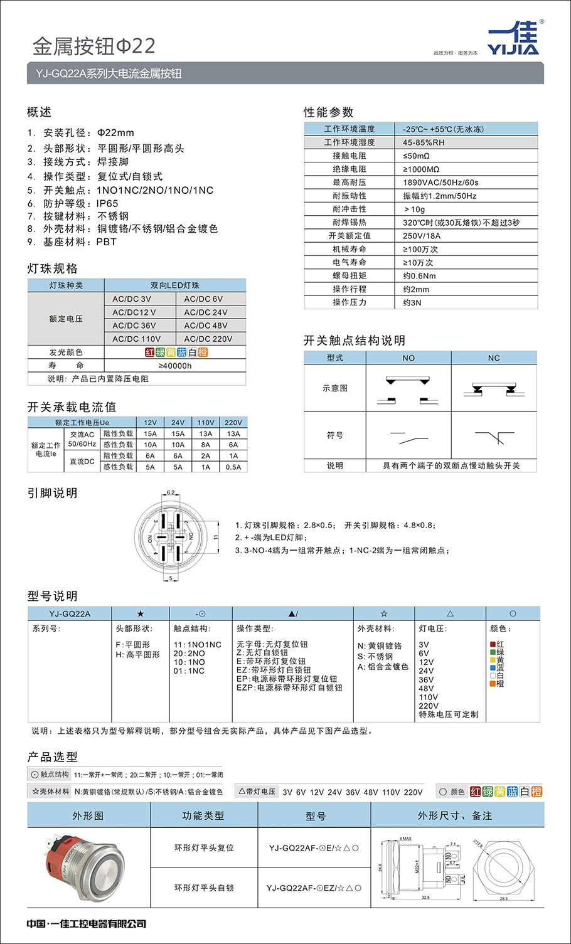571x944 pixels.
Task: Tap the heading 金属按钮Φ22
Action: point(93,46)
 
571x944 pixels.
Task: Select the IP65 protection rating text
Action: point(107,203)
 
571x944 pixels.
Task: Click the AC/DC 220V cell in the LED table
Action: point(208,339)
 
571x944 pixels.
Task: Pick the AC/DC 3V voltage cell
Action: point(132,299)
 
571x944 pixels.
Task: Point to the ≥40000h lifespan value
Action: point(175,366)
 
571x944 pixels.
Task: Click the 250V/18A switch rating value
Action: point(422,236)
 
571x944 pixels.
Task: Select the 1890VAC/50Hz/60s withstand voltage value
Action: point(440,183)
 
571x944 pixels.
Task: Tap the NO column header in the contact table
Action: point(408,358)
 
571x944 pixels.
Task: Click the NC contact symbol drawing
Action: point(494,436)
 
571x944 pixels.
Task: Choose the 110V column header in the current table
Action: point(205,423)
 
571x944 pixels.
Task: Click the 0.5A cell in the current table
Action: point(233,467)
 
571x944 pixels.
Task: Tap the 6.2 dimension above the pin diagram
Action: point(171,492)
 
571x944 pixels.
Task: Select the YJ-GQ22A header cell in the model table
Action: point(70,613)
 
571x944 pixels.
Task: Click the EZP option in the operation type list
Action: point(289,687)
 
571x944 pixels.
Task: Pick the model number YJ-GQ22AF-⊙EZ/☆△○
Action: point(314,888)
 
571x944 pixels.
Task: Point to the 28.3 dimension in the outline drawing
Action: point(503,898)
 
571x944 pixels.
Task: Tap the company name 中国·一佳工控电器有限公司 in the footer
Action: point(87,923)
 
